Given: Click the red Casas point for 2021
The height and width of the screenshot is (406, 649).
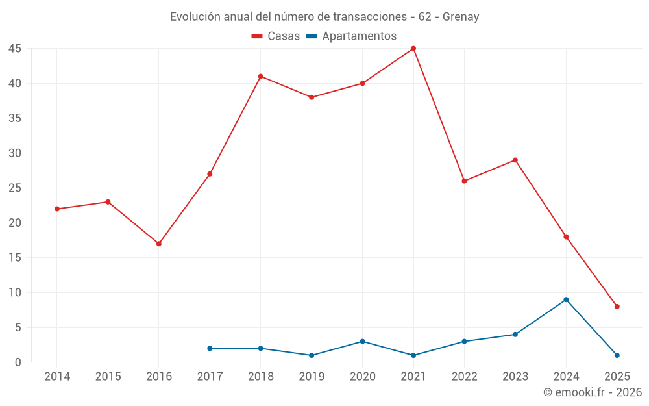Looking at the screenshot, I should point(413,49).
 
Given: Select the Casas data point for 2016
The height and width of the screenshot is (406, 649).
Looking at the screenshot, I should point(159,244).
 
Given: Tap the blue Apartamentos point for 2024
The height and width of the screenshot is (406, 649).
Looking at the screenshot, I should point(566,299).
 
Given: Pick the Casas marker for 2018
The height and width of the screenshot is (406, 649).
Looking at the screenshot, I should point(261,77).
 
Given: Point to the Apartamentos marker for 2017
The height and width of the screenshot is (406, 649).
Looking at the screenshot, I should point(210,348).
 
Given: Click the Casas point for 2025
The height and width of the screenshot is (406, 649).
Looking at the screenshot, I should point(617,307).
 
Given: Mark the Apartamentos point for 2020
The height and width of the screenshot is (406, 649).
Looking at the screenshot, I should point(362,342).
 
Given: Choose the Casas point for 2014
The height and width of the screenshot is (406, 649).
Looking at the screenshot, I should point(57,209).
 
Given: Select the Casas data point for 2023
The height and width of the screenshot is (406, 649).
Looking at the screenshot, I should point(515,160).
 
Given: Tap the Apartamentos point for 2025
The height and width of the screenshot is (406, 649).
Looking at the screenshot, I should point(617,355).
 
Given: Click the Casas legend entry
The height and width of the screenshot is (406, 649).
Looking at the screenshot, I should point(276,36).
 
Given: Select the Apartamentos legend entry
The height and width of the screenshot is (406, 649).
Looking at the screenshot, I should point(351,36).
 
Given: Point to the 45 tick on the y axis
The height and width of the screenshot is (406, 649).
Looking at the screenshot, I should point(15,49).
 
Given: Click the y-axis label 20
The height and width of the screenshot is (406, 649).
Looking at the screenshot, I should point(15,223).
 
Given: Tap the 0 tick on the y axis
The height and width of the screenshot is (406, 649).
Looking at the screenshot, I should point(18,362).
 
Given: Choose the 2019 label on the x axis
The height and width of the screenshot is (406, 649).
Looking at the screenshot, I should point(312,377).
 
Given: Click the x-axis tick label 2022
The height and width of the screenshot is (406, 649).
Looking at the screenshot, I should point(464,377).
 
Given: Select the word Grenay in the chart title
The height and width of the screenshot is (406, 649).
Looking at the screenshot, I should point(461,17).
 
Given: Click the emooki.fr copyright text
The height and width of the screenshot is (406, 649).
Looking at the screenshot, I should point(593,392).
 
